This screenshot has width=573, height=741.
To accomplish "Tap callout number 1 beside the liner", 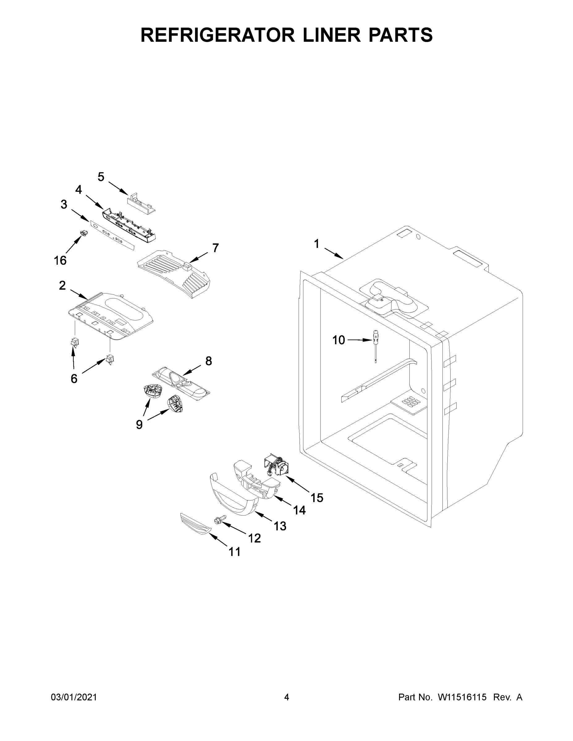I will [316, 244].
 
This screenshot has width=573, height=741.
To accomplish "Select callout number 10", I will [339, 340].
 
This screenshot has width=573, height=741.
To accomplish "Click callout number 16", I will [60, 261].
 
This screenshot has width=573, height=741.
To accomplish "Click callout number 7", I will [216, 248].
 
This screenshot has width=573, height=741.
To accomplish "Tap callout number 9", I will [139, 425].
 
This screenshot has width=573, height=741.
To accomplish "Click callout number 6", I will [74, 379].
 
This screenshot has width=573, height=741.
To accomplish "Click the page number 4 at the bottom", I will [287, 697].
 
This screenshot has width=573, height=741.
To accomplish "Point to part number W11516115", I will [462, 697].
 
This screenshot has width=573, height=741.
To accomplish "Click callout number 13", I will [280, 526].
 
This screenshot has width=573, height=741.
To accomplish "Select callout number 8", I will [209, 361].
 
